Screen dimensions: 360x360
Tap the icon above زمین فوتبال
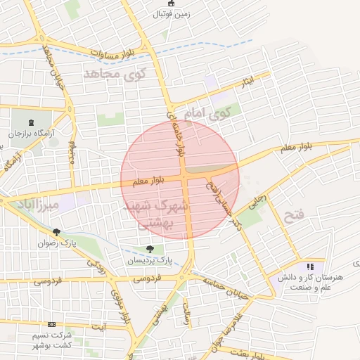(x=172, y=3)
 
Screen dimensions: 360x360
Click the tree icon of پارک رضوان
(x=56, y=231)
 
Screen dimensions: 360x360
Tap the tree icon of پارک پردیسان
(x=149, y=248)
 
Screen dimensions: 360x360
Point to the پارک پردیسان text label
(x=149, y=260)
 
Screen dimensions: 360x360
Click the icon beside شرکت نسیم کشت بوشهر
(x=51, y=324)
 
